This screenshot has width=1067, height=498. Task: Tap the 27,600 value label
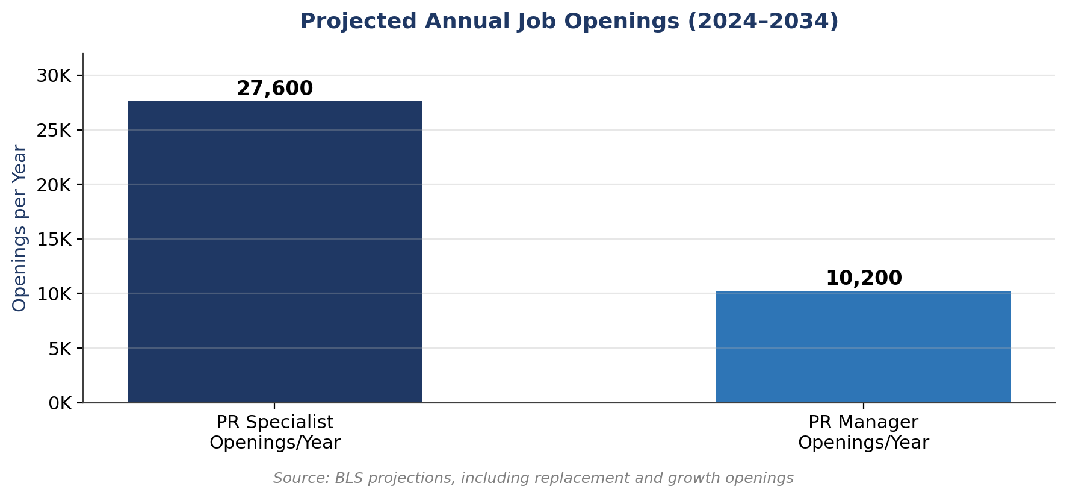pyautogui.click(x=274, y=89)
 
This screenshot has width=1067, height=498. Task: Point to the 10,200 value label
pyautogui.click(x=863, y=278)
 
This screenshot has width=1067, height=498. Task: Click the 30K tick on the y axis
pyautogui.click(x=54, y=76)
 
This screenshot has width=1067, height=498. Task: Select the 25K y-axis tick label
pyautogui.click(x=54, y=130)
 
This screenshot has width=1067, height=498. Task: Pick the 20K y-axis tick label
pyautogui.click(x=54, y=185)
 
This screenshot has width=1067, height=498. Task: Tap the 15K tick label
pyautogui.click(x=54, y=240)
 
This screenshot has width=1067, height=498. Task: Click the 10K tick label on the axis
pyautogui.click(x=54, y=294)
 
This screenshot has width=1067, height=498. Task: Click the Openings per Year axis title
pyautogui.click(x=19, y=228)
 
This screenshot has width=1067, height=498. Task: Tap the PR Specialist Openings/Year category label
pyautogui.click(x=274, y=432)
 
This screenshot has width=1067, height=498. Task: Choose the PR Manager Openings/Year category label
pyautogui.click(x=863, y=432)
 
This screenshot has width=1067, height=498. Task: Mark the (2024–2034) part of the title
pyautogui.click(x=762, y=22)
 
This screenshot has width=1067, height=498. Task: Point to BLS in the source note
pyautogui.click(x=347, y=478)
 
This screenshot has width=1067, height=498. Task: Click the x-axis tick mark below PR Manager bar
pyautogui.click(x=863, y=406)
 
